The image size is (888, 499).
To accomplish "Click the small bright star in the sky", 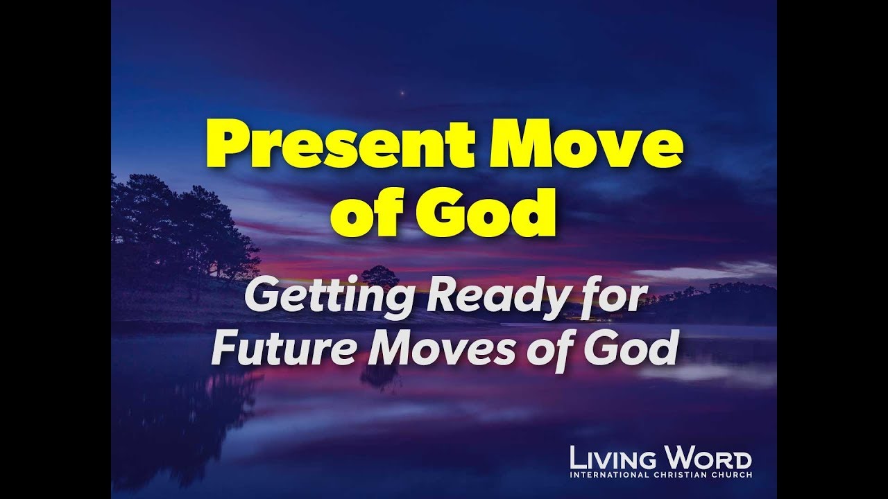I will pos(400,91).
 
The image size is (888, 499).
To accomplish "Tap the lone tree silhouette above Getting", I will pos(379,276).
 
